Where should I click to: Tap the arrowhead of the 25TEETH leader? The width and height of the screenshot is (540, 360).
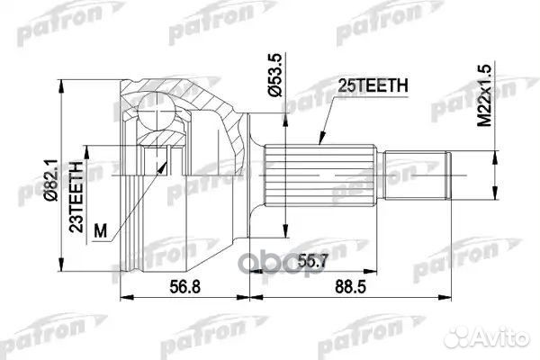(x=319, y=146)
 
